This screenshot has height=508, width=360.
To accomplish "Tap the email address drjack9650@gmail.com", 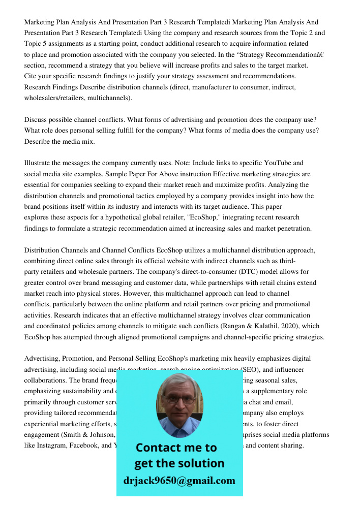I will click(x=179, y=480).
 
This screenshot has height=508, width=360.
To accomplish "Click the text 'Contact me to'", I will click(x=176, y=448).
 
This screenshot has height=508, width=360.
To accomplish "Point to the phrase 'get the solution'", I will click(x=179, y=463).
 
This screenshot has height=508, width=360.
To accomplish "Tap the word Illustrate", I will click(x=40, y=163).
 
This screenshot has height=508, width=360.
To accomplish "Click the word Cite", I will click(x=31, y=76).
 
